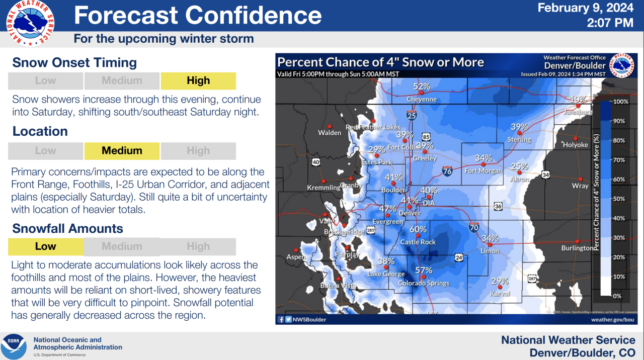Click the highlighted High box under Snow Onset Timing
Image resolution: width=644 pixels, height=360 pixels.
(x=198, y=80)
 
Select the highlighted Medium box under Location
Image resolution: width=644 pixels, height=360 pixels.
(x=122, y=150)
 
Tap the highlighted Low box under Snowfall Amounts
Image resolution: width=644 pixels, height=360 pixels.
(x=46, y=246)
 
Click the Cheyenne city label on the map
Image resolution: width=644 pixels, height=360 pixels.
(x=422, y=100)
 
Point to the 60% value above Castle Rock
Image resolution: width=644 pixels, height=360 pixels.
(x=418, y=229)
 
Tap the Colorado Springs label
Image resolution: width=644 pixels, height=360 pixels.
(x=424, y=283)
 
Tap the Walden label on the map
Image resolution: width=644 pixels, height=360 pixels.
(x=330, y=133)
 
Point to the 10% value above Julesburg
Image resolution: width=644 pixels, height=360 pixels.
(x=578, y=99)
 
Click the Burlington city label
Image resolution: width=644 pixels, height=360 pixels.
(x=577, y=248)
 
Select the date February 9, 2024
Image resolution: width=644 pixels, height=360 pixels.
(x=585, y=9)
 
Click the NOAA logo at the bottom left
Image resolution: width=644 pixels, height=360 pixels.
(x=14, y=346)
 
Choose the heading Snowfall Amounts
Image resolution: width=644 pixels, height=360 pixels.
(x=68, y=228)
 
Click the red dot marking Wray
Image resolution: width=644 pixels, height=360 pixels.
(x=581, y=179)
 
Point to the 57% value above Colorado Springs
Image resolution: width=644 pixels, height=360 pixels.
(x=424, y=271)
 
